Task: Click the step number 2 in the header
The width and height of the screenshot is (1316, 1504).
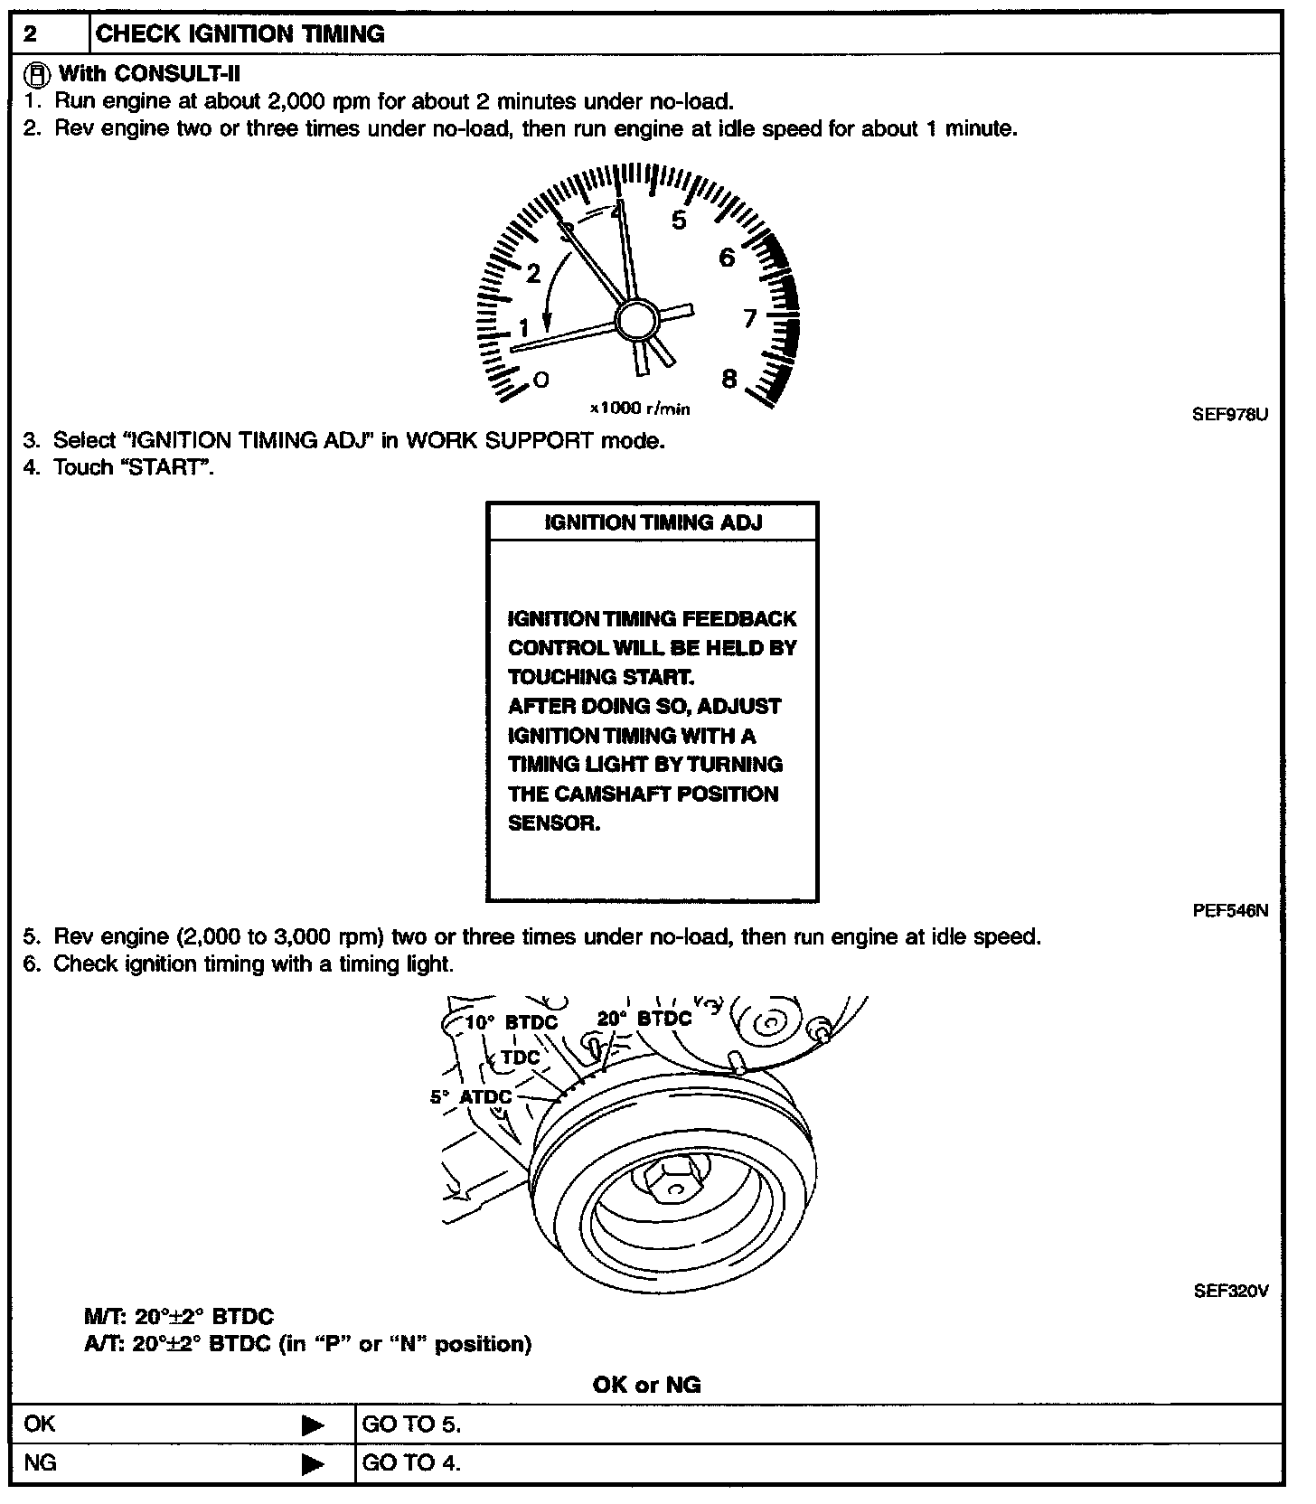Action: coord(31,34)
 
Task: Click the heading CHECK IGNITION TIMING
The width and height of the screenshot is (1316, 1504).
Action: coord(240,34)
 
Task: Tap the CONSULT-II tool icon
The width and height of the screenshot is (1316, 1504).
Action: coord(36,73)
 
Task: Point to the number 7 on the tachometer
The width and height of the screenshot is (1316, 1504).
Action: coord(749,318)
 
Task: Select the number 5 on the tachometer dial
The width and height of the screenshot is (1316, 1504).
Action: coord(679,221)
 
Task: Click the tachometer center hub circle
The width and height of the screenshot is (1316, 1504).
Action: coord(638,321)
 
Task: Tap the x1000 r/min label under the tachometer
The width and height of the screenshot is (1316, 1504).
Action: coord(640,409)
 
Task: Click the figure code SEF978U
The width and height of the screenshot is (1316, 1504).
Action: coord(1230,415)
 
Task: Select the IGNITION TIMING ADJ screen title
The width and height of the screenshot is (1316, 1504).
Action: coord(653,522)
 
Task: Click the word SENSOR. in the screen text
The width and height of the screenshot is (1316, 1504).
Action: coord(554,823)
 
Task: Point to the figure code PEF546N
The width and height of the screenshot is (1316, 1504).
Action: coord(1230,911)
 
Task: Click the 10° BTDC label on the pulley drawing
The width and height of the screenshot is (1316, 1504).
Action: coord(511,1022)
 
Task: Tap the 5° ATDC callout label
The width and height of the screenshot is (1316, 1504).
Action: coord(471,1096)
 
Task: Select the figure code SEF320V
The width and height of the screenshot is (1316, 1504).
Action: coord(1231,1291)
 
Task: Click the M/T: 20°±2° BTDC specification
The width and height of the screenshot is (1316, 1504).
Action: coord(178,1317)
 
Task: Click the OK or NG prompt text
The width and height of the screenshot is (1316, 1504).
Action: coord(647,1385)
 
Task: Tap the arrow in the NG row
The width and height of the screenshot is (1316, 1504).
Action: coord(313,1463)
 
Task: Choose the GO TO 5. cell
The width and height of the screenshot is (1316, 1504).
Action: coord(411,1425)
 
